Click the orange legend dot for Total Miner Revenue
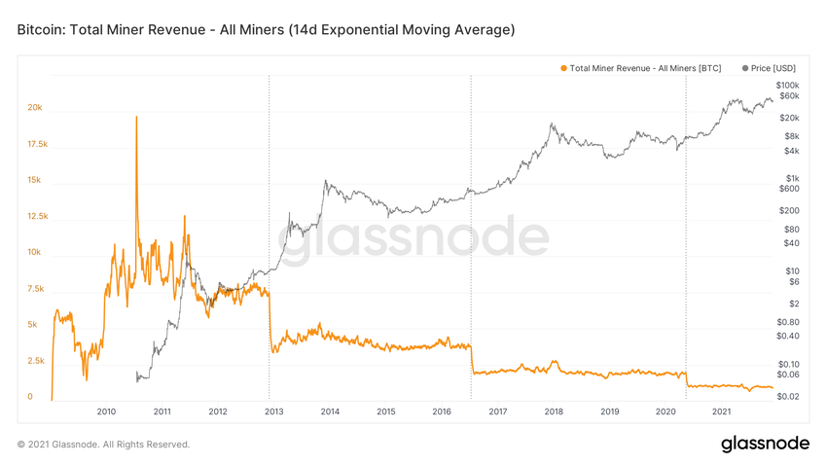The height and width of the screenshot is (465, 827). (563, 68)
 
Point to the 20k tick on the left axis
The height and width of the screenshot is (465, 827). (35, 108)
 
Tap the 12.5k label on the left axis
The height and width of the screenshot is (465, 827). (37, 216)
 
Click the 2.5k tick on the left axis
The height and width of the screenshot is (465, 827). (36, 361)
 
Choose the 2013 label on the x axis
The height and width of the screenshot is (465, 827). (274, 411)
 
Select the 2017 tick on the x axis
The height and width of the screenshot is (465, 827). (498, 411)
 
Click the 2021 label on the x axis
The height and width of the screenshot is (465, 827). (722, 411)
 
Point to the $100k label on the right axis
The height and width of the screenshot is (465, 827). (787, 86)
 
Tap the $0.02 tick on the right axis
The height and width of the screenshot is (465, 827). (788, 397)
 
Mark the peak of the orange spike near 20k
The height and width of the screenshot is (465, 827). (136, 117)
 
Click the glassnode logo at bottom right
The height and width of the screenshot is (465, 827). (765, 445)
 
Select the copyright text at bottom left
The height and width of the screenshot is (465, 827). (104, 445)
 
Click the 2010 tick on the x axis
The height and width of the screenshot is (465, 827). (106, 411)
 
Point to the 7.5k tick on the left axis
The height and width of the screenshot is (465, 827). (36, 289)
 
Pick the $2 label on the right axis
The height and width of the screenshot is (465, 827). (794, 304)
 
